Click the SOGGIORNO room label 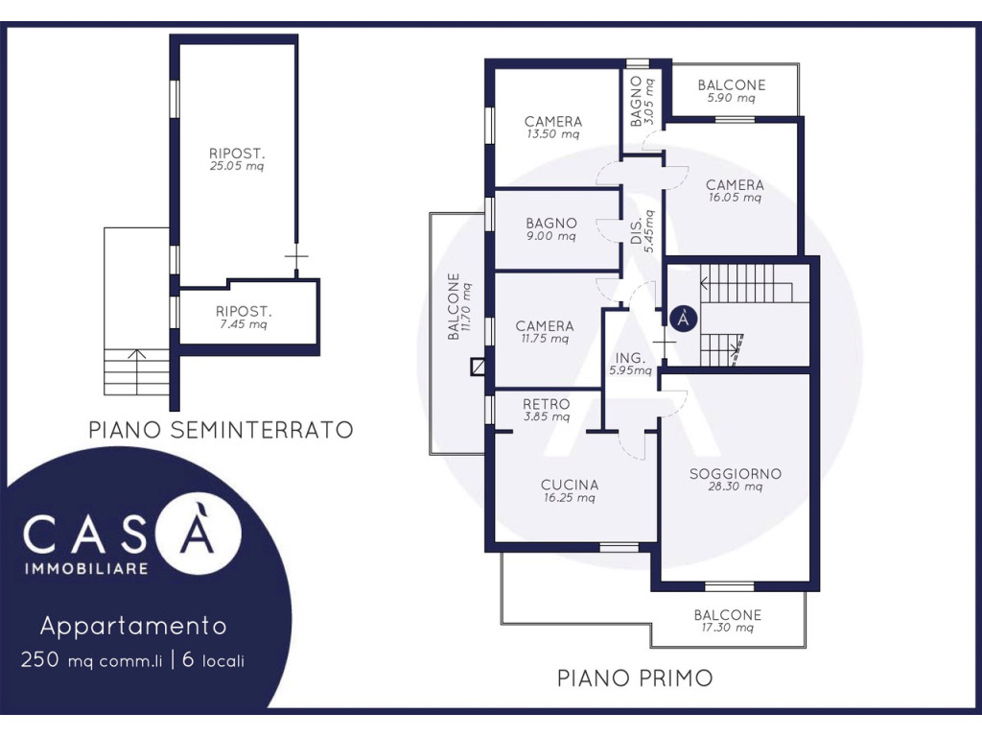pos(736,474)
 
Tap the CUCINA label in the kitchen pos(570,485)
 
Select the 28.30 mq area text pos(736,487)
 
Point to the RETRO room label pos(547,404)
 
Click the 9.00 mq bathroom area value pos(551,236)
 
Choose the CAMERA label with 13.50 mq pos(553,121)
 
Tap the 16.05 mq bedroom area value pos(736,198)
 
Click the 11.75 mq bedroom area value pos(545,339)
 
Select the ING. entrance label pos(630,358)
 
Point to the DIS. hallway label pos(637,231)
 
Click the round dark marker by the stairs pos(684,319)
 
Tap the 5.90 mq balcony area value pos(732,99)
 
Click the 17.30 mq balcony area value pos(728,628)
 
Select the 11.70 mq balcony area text pos(467,307)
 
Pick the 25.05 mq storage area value pos(237,166)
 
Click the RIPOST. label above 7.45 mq pos(244,311)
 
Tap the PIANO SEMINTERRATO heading pos(222,430)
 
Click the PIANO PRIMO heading pos(635,678)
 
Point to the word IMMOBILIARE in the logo pos(86,569)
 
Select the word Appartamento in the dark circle pos(133,626)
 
